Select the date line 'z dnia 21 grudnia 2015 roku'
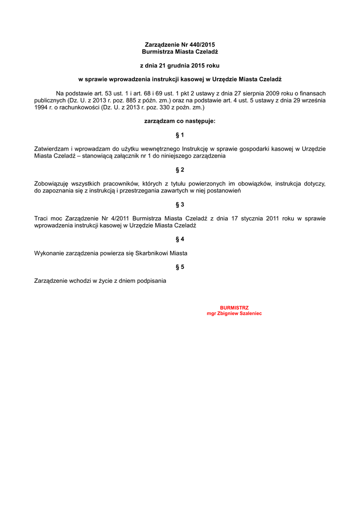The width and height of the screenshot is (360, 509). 180,65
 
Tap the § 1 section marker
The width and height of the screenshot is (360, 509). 180,135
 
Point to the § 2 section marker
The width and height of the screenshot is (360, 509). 180,170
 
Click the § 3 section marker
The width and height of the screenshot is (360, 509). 180,204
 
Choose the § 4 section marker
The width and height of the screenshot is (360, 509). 180,239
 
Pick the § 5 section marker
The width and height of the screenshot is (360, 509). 180,267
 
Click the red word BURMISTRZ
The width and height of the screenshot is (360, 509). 234,308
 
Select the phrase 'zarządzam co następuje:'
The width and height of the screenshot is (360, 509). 180,121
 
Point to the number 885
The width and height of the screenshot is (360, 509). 130,100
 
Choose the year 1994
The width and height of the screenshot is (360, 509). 41,107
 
